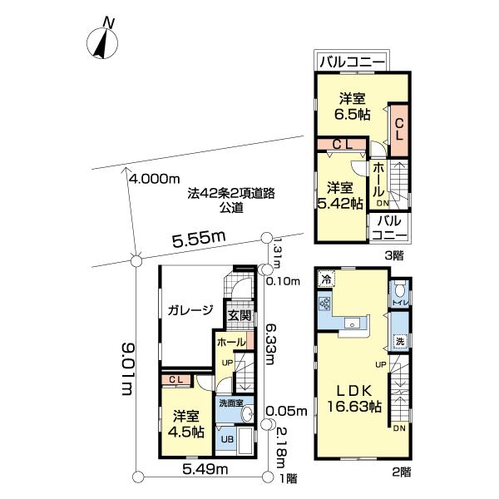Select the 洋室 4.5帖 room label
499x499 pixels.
click(188, 423)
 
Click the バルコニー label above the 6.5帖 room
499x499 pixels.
click(353, 62)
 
